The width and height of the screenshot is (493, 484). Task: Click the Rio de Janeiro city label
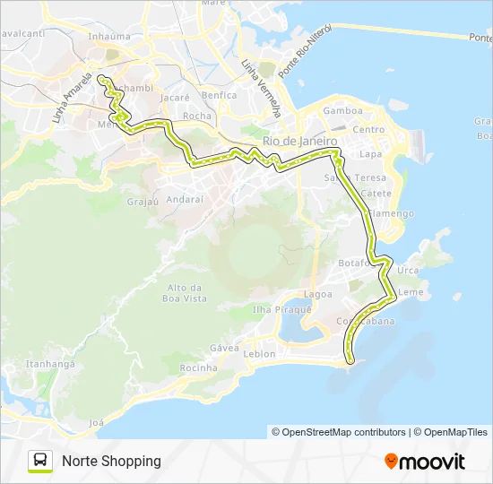[299, 142]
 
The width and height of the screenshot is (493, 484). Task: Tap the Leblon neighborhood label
[260, 353]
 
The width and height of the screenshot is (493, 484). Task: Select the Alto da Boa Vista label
[186, 293]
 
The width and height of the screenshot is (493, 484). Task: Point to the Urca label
[408, 270]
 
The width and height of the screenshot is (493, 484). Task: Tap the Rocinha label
[199, 367]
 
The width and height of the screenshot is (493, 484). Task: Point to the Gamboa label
[343, 111]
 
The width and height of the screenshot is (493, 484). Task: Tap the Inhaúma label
[109, 37]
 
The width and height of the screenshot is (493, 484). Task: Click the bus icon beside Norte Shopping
[40, 461]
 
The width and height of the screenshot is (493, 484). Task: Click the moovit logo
[425, 462]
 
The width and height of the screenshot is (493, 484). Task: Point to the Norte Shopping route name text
[111, 461]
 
